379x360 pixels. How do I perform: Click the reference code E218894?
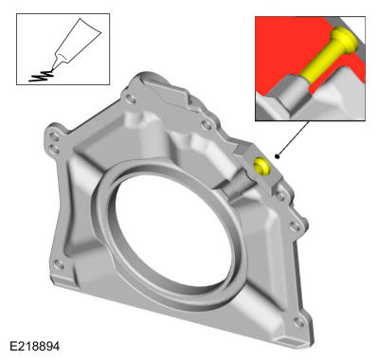coord(34,346)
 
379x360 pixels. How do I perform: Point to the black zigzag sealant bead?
coord(41,77)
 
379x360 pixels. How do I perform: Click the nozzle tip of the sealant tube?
coord(52,69)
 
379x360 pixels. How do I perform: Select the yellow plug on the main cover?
coord(262,166)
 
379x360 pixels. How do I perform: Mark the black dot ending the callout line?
coord(277,156)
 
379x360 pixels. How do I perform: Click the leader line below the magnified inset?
coord(293,138)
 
